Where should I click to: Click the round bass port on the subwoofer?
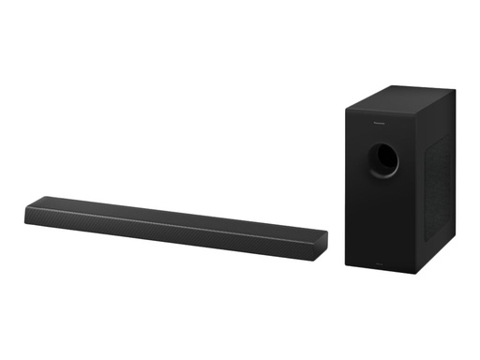coord(382,160)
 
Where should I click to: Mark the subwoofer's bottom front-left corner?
coord(346,262)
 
